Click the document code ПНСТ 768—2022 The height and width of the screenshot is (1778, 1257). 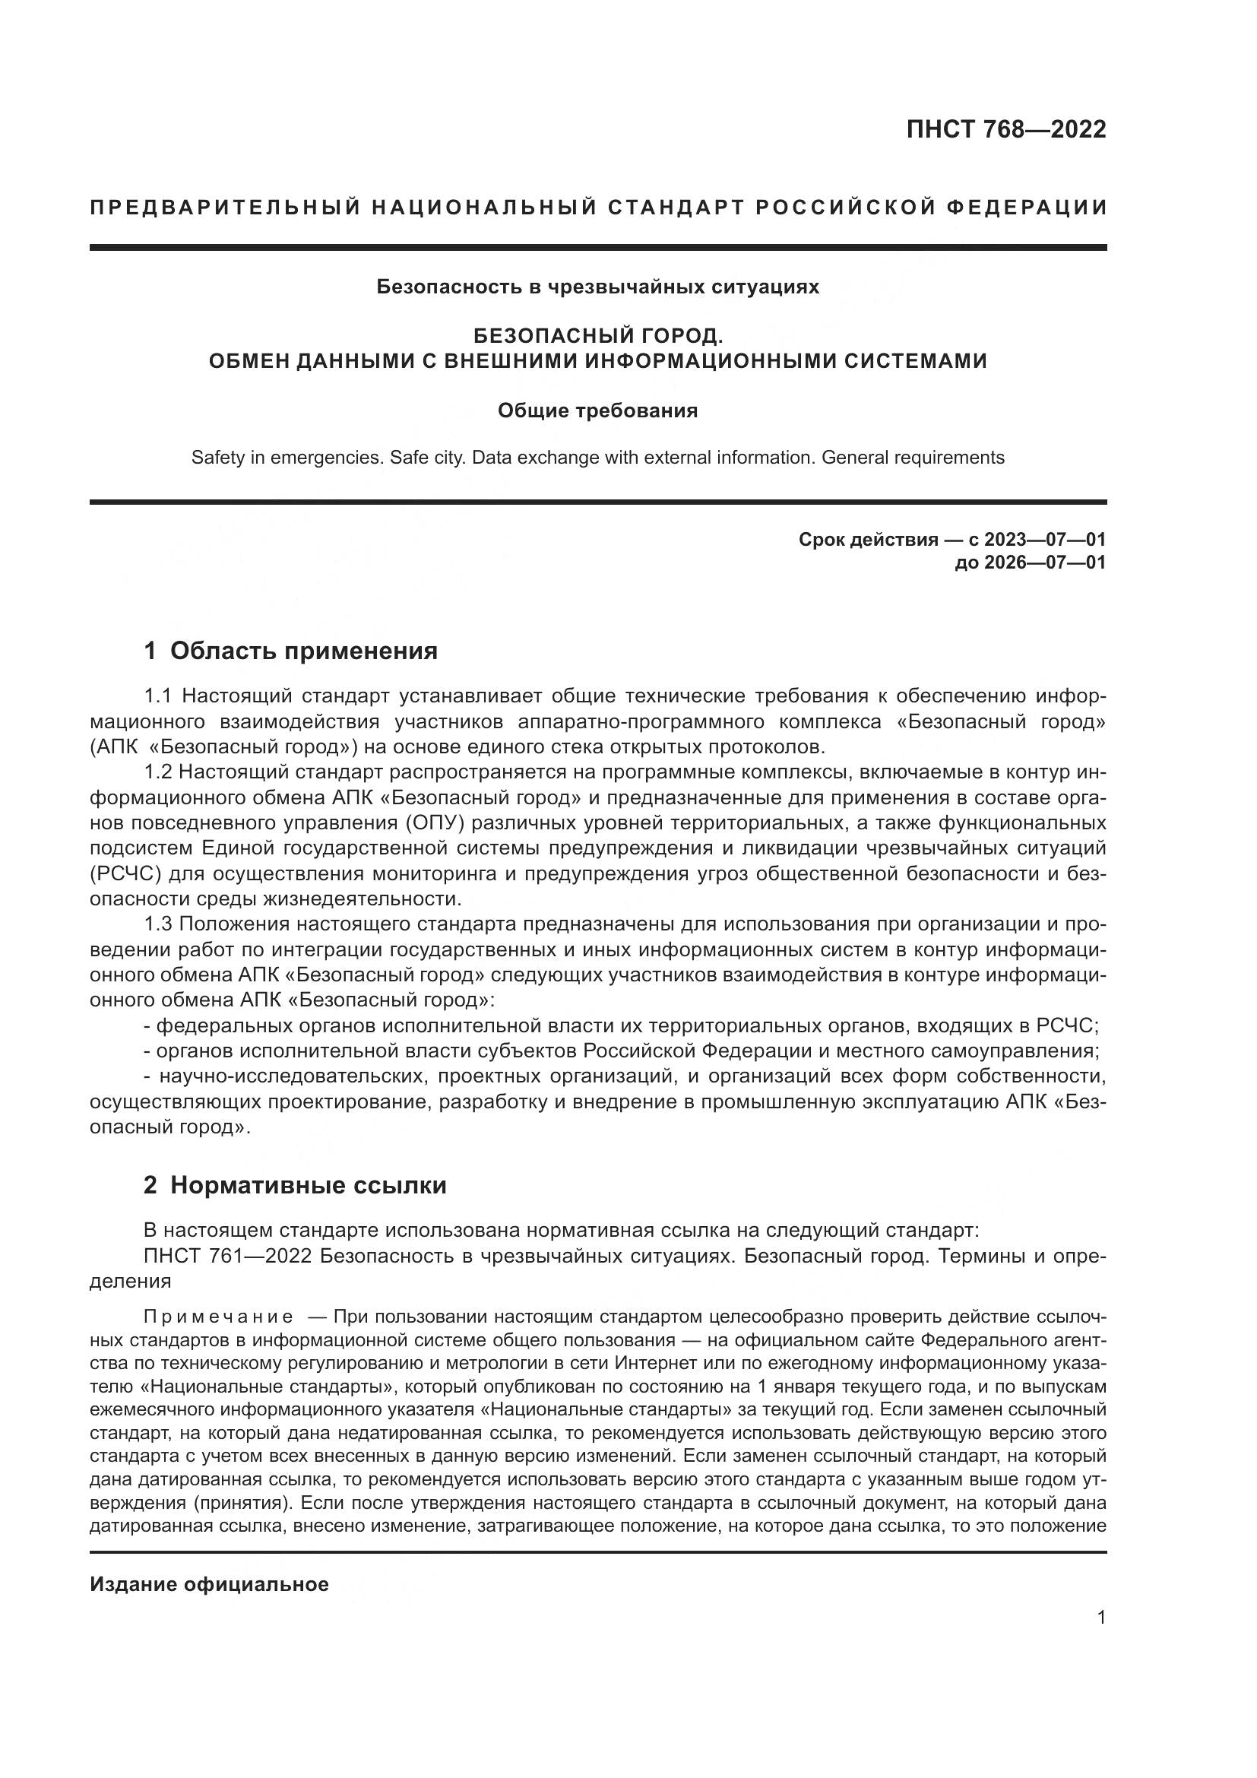pyautogui.click(x=1005, y=129)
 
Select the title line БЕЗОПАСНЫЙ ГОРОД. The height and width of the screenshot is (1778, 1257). pyautogui.click(x=597, y=336)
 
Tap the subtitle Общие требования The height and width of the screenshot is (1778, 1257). pyautogui.click(x=597, y=410)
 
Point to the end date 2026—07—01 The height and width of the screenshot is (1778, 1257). pyautogui.click(x=1044, y=563)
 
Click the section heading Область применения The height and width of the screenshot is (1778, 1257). pyautogui.click(x=303, y=651)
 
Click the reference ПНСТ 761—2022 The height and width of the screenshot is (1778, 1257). pyautogui.click(x=227, y=1255)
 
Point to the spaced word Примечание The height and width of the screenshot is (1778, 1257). pyautogui.click(x=218, y=1317)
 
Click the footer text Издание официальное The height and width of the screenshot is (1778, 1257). pyautogui.click(x=209, y=1584)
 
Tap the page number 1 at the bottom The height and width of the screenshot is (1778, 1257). pyautogui.click(x=1100, y=1640)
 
